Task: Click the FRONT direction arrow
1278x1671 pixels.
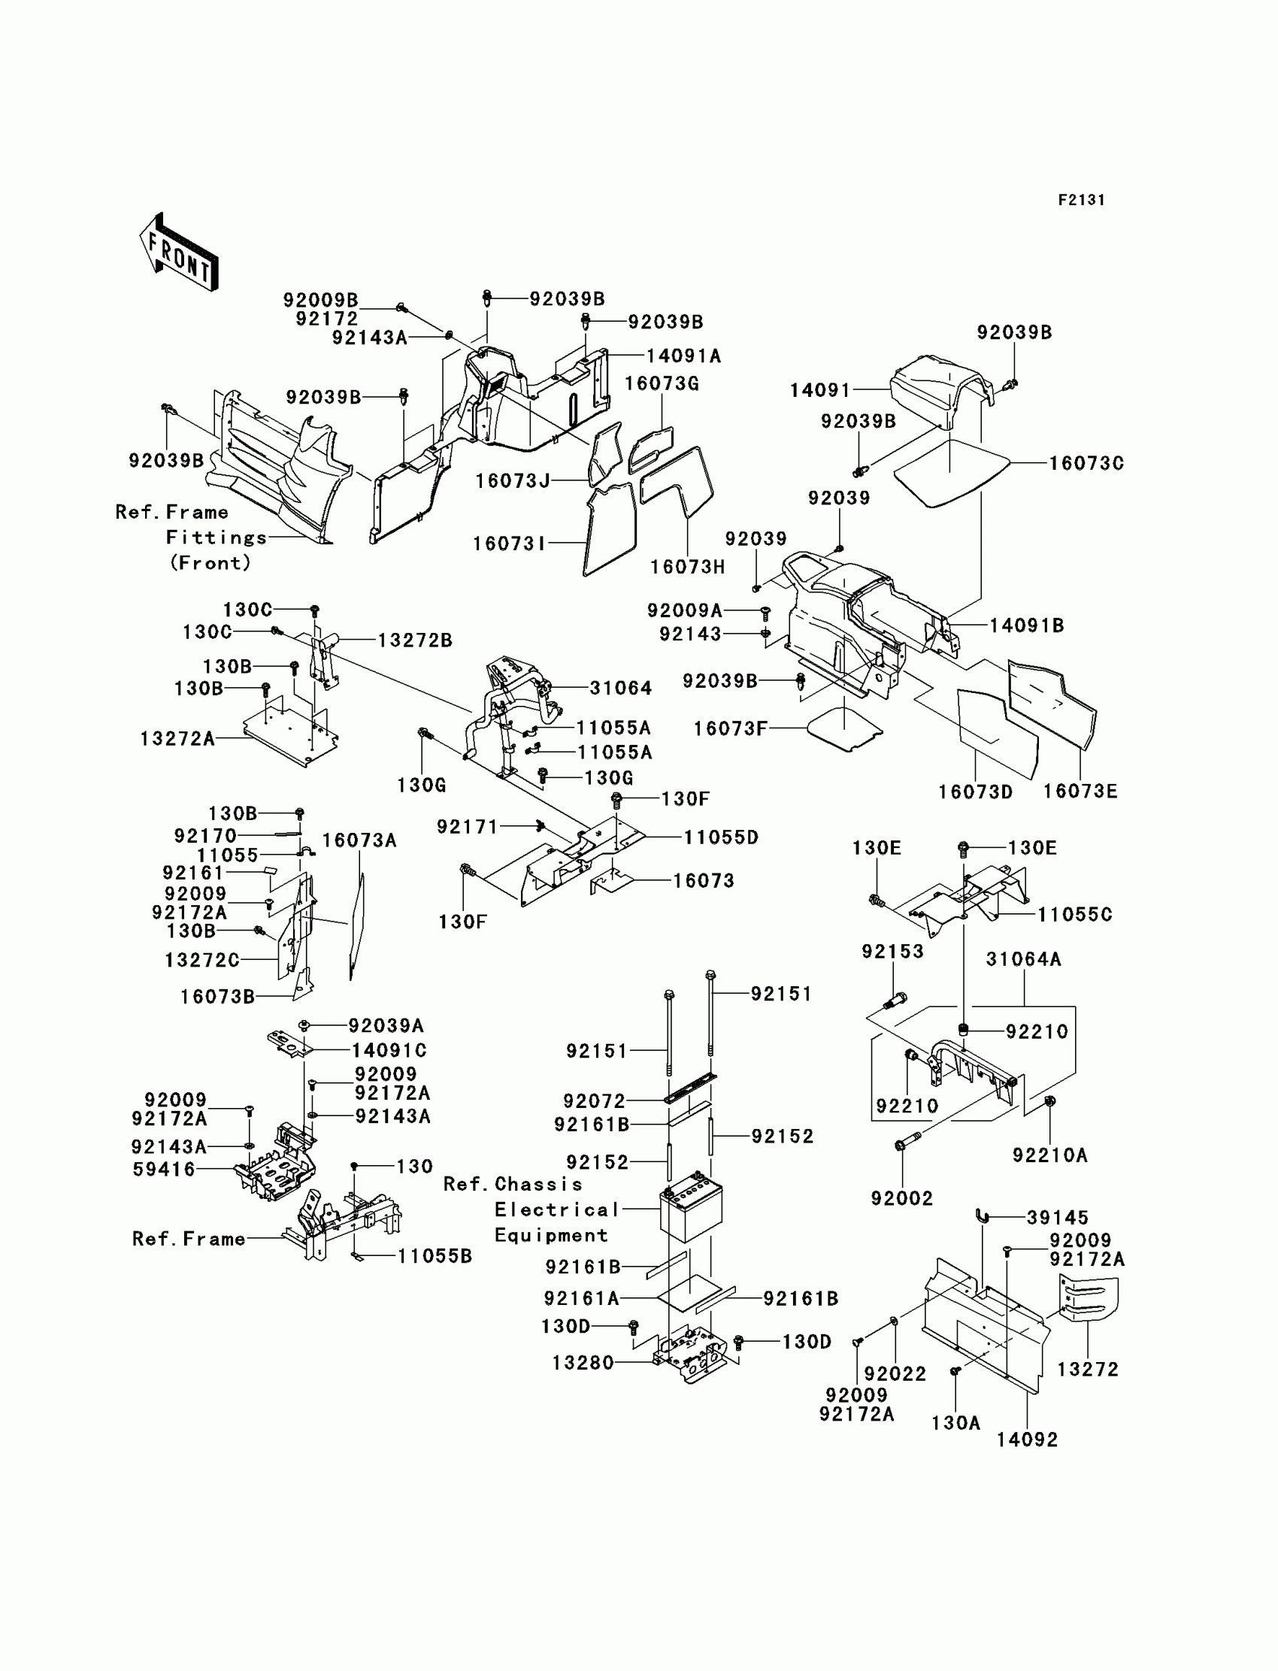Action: (x=180, y=253)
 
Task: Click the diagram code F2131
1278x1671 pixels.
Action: (x=1081, y=200)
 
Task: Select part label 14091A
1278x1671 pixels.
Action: (x=683, y=356)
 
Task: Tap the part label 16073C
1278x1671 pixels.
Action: (x=1086, y=463)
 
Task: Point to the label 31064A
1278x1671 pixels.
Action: (x=1023, y=959)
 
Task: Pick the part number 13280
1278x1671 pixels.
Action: (x=583, y=1363)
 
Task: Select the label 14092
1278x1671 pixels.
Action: (x=1027, y=1439)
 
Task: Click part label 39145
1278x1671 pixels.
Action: (x=1058, y=1218)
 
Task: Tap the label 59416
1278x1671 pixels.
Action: (x=164, y=1169)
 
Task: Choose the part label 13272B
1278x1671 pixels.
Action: (x=414, y=641)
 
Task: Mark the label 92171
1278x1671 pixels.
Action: (x=467, y=827)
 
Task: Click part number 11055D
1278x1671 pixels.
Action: (x=721, y=837)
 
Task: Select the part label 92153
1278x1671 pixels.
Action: (x=892, y=952)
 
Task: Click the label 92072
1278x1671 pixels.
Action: (x=594, y=1100)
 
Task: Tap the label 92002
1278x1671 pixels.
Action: (x=901, y=1199)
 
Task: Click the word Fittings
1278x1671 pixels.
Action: (x=217, y=537)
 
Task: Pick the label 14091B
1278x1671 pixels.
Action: (x=1026, y=626)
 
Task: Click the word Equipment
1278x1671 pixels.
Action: (x=551, y=1235)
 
